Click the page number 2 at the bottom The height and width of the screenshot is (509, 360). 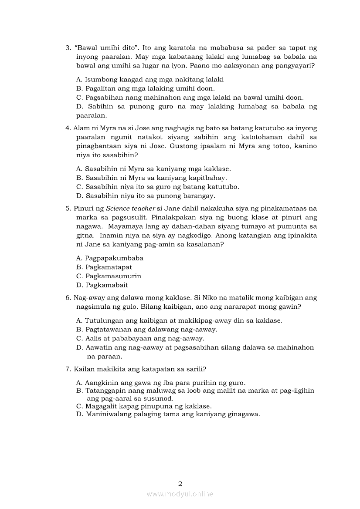(x=180, y=483)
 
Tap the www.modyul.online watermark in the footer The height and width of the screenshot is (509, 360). (x=180, y=494)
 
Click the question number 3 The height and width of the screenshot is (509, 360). (x=68, y=47)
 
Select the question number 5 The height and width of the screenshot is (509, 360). (x=68, y=209)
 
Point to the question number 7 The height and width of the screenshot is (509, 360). (x=68, y=369)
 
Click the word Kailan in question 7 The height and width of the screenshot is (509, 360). (x=84, y=369)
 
